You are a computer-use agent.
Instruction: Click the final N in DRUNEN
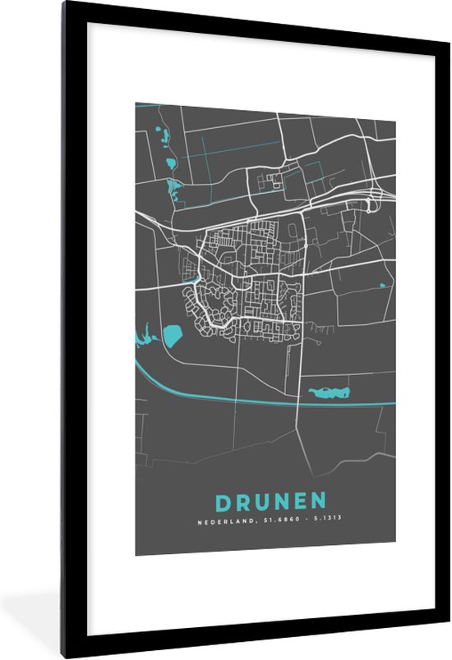317,502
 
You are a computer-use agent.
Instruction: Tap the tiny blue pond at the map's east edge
382,286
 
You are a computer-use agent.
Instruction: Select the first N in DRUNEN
282,502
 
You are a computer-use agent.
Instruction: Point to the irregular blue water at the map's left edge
145,336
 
